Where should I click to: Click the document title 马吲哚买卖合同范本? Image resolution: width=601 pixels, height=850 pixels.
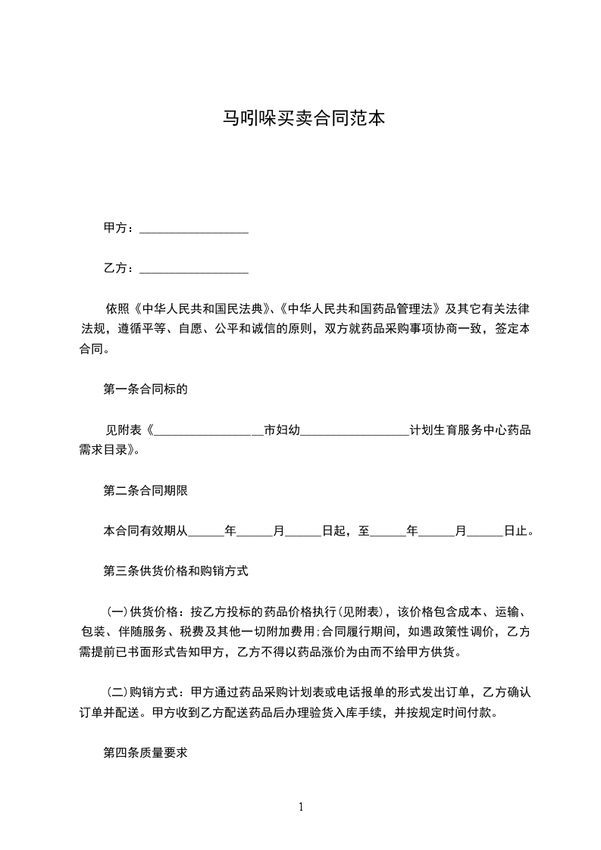pyautogui.click(x=300, y=118)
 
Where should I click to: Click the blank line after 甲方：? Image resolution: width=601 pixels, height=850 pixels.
pyautogui.click(x=195, y=229)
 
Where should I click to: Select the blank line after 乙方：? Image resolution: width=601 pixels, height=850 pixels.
pyautogui.click(x=195, y=269)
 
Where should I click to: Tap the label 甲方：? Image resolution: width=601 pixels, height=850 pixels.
pyautogui.click(x=119, y=228)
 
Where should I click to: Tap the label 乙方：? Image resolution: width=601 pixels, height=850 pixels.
pyautogui.click(x=119, y=268)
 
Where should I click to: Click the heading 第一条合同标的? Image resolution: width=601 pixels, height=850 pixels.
pyautogui.click(x=145, y=390)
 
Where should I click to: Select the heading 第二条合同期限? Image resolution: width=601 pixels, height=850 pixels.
pyautogui.click(x=145, y=490)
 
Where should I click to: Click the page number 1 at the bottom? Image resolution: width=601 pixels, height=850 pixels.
pyautogui.click(x=301, y=807)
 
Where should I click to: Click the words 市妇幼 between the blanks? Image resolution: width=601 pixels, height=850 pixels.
pyautogui.click(x=282, y=430)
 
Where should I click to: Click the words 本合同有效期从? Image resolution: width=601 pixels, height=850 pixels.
pyautogui.click(x=145, y=531)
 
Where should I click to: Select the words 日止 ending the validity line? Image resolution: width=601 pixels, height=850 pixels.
pyautogui.click(x=519, y=531)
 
